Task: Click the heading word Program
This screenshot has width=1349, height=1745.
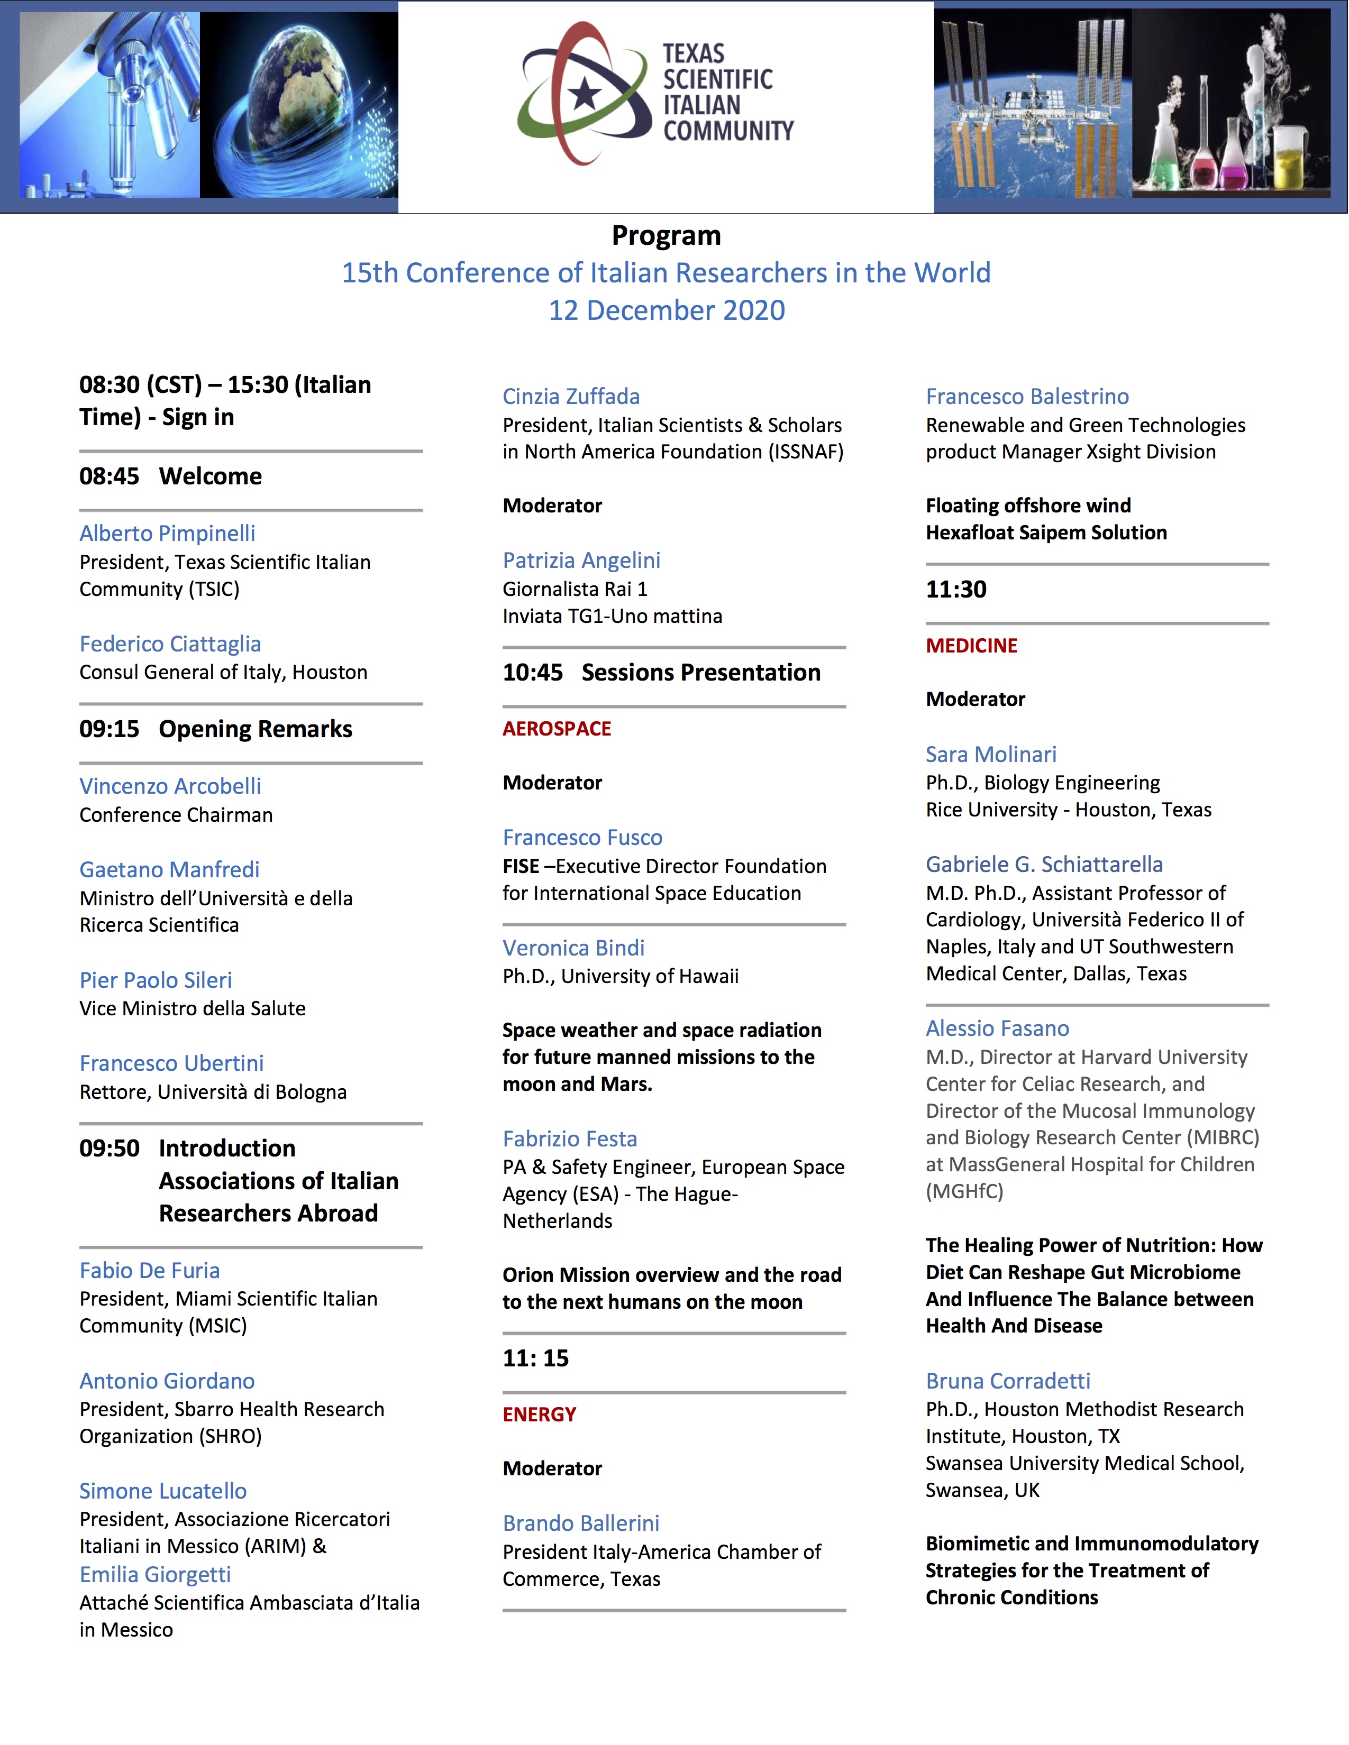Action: pos(666,236)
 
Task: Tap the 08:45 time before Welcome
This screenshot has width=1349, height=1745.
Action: pos(108,476)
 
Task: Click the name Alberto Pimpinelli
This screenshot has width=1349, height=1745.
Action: pos(167,533)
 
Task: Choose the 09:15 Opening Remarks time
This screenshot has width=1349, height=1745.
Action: pos(108,729)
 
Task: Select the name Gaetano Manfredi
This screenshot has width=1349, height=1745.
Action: pos(169,869)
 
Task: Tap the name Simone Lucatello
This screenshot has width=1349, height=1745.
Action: pos(163,1491)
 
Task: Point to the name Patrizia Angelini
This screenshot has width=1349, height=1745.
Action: pos(581,560)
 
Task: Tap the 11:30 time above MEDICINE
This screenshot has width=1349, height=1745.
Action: pos(956,590)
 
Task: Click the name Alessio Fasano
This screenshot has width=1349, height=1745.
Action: pos(997,1028)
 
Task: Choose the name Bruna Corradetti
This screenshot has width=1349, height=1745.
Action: pos(1008,1381)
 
